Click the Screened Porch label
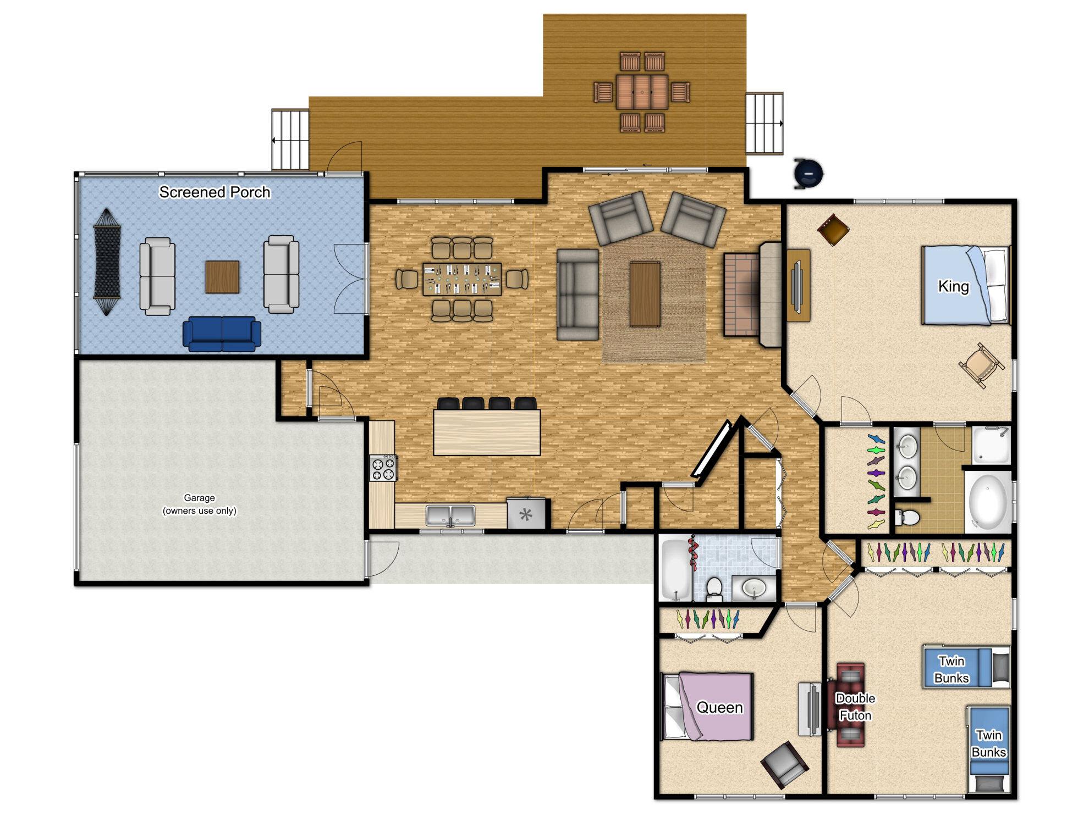(x=215, y=192)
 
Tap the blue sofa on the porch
(x=222, y=334)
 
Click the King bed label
(x=953, y=286)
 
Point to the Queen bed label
(x=719, y=707)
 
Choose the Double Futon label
(x=855, y=707)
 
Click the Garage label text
(x=199, y=504)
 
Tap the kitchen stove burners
(x=383, y=468)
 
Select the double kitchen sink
(x=450, y=516)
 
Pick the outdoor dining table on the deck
(x=642, y=92)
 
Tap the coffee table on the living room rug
(x=645, y=294)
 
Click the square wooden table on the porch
(x=222, y=277)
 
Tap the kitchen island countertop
(x=487, y=432)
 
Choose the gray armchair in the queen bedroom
(x=784, y=764)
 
